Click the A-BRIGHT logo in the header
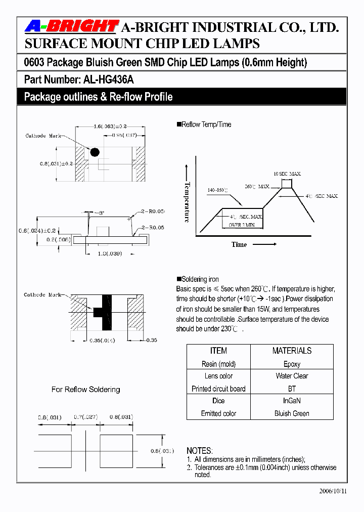click(71, 27)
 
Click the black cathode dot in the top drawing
click(94, 152)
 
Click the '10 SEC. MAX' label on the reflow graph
click(287, 174)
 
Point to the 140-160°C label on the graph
click(217, 190)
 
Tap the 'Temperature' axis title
click(187, 202)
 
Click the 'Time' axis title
click(239, 244)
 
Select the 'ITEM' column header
click(218, 351)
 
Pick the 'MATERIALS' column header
click(292, 351)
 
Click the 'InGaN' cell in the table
click(292, 401)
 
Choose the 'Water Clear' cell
click(292, 376)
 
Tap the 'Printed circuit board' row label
click(218, 389)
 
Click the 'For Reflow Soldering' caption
click(86, 390)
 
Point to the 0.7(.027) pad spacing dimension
click(85, 417)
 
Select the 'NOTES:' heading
click(200, 450)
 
